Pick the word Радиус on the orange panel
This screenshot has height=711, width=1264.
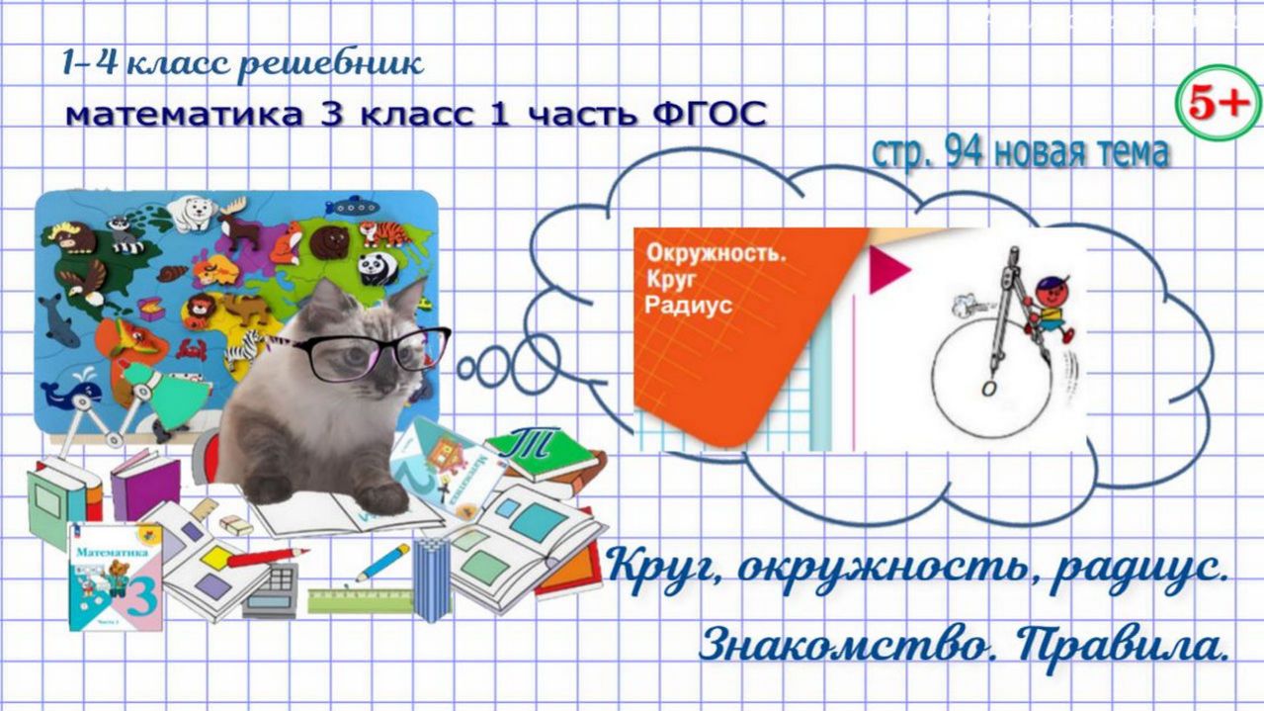(689, 304)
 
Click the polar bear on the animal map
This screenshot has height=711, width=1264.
(192, 212)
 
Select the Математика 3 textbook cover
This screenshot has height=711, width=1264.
(114, 575)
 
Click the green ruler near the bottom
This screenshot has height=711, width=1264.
(361, 599)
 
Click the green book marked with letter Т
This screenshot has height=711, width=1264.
(539, 450)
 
